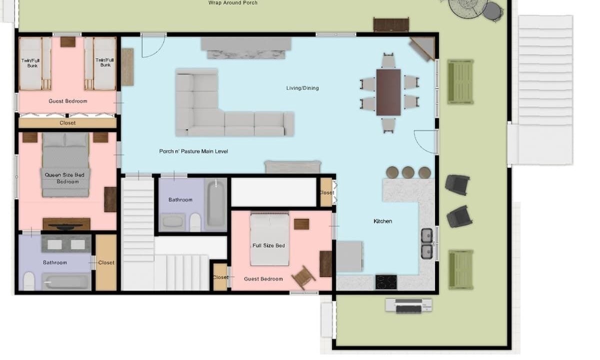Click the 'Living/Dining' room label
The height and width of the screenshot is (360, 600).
click(302, 88)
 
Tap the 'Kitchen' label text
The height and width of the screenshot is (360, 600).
click(383, 221)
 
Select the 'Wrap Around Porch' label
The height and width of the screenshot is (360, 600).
click(233, 3)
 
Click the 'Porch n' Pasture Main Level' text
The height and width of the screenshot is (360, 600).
click(193, 151)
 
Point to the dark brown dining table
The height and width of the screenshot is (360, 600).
click(388, 92)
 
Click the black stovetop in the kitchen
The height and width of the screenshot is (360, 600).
click(386, 282)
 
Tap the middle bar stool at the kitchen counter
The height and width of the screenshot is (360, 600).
click(408, 172)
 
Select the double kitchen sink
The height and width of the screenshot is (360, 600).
click(426, 243)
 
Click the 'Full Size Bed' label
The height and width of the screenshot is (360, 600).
click(268, 245)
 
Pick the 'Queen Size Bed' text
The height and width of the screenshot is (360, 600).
click(64, 175)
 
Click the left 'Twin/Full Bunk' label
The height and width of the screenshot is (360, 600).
click(30, 63)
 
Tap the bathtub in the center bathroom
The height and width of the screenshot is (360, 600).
click(215, 203)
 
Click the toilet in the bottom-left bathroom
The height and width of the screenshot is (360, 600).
click(29, 281)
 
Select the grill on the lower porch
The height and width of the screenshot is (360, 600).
click(408, 305)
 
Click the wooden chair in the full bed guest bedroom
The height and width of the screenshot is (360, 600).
click(303, 277)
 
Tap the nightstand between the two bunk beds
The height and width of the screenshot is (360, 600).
click(68, 42)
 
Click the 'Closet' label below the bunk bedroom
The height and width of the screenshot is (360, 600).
click(67, 123)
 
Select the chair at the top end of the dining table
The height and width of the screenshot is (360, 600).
click(388, 60)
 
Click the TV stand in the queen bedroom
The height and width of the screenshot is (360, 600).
click(66, 224)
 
